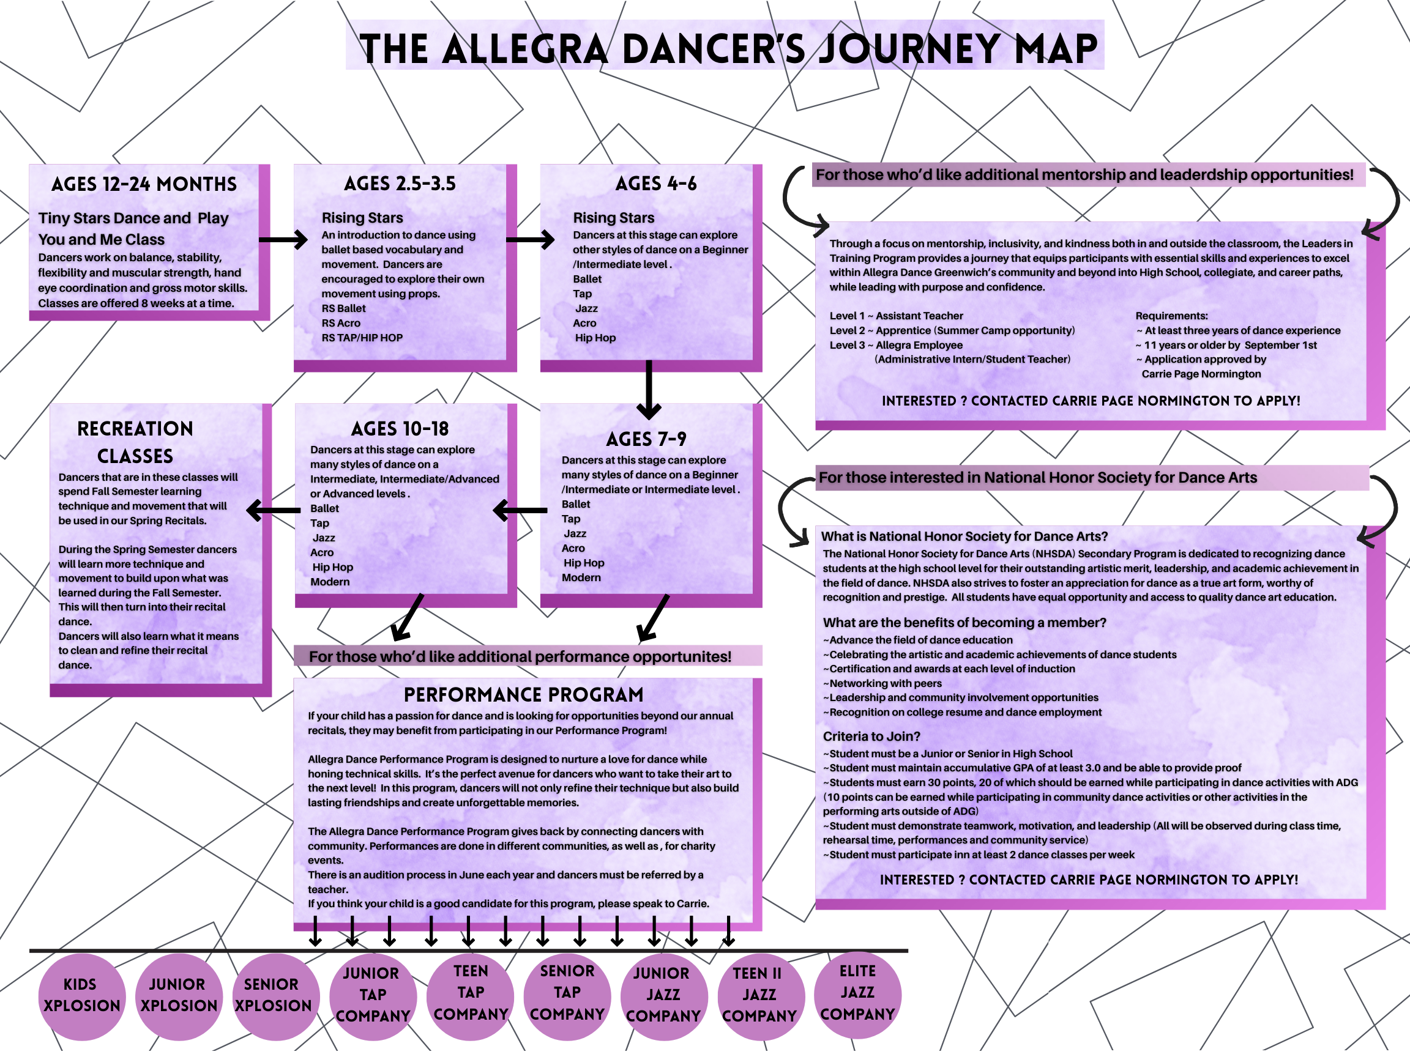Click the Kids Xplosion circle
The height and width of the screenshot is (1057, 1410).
pos(81,996)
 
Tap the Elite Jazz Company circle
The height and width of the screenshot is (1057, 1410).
pos(857,993)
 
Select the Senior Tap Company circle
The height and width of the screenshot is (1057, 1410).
pos(567,993)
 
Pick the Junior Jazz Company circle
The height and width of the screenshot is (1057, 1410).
pos(663,995)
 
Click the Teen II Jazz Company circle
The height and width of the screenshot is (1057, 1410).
pos(759,995)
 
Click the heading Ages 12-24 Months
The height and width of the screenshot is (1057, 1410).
pos(144,185)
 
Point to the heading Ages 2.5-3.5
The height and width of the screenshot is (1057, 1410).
pos(400,184)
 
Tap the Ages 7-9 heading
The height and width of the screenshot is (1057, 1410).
pos(646,439)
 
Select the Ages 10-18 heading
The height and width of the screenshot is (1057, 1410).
pos(400,429)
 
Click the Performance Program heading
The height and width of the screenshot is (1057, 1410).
pos(523,694)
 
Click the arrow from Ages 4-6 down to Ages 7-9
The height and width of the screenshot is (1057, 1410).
pos(649,389)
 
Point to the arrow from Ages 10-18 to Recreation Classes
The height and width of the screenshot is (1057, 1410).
pos(274,510)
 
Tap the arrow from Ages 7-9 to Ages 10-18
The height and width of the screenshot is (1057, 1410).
pos(520,510)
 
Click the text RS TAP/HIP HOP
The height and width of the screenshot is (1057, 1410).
pos(362,338)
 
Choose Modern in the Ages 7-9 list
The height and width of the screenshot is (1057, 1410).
pos(581,578)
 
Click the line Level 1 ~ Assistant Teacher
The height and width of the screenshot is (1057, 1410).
pos(896,316)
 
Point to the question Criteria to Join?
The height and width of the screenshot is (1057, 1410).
pos(871,736)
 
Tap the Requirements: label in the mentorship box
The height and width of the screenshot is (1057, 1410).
pos(1171,316)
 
